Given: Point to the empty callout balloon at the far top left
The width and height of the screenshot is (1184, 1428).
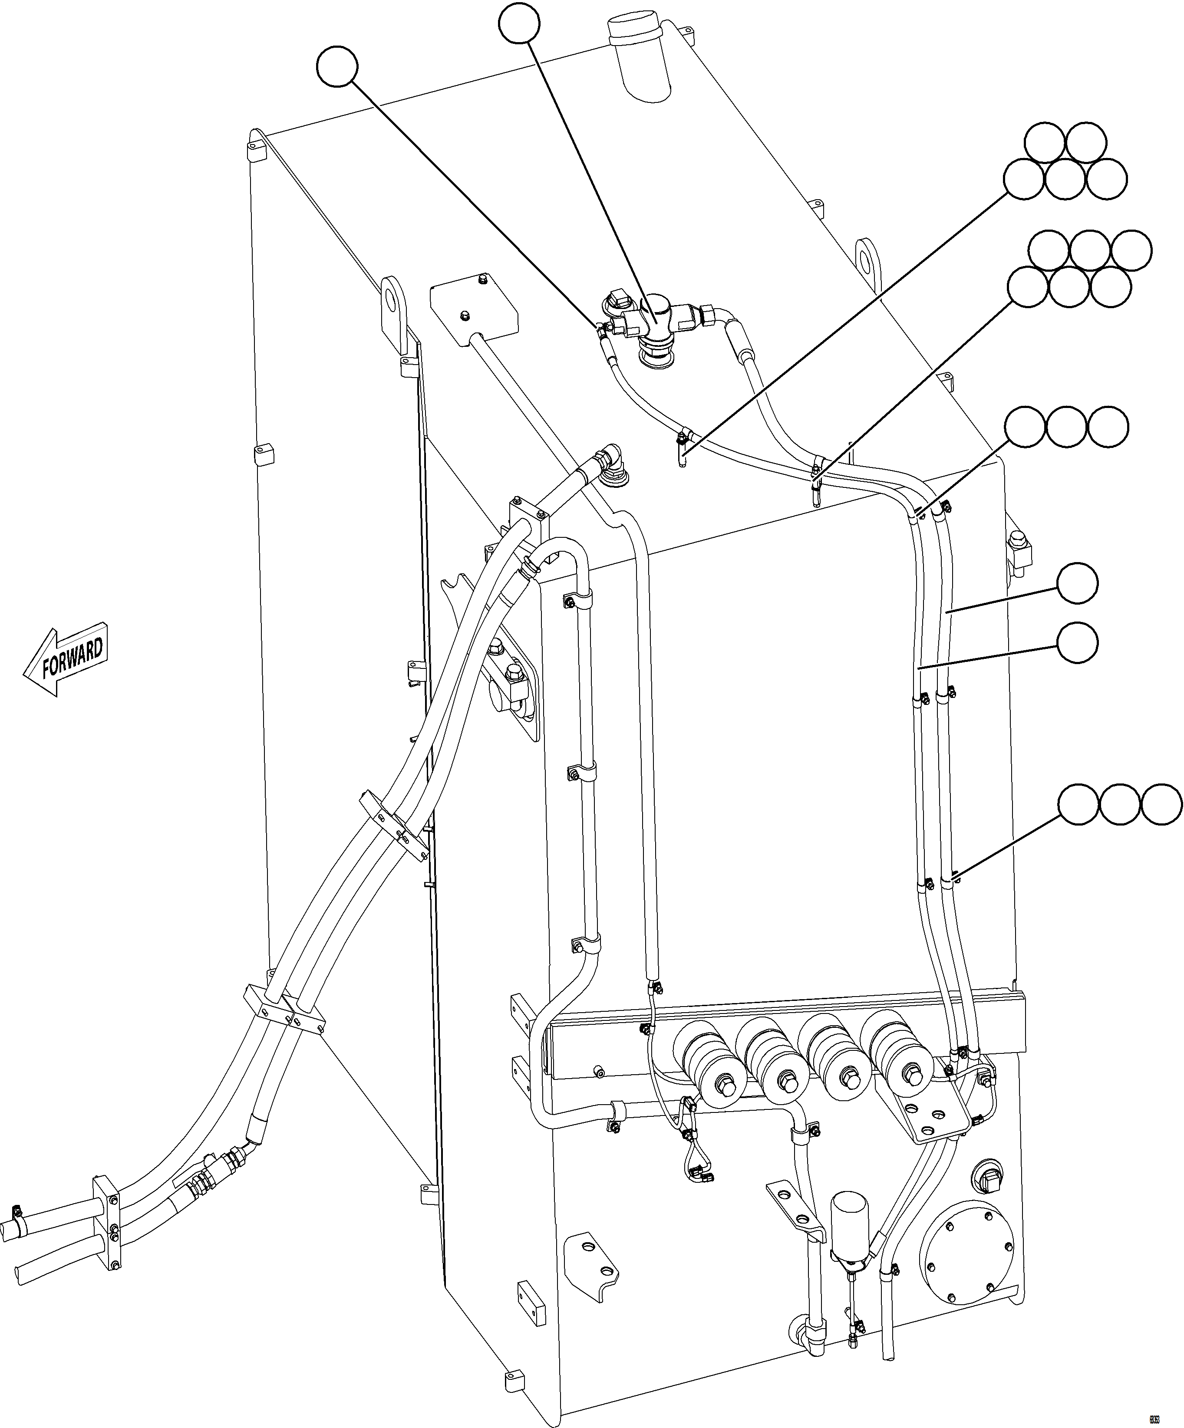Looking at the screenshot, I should pos(337,66).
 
